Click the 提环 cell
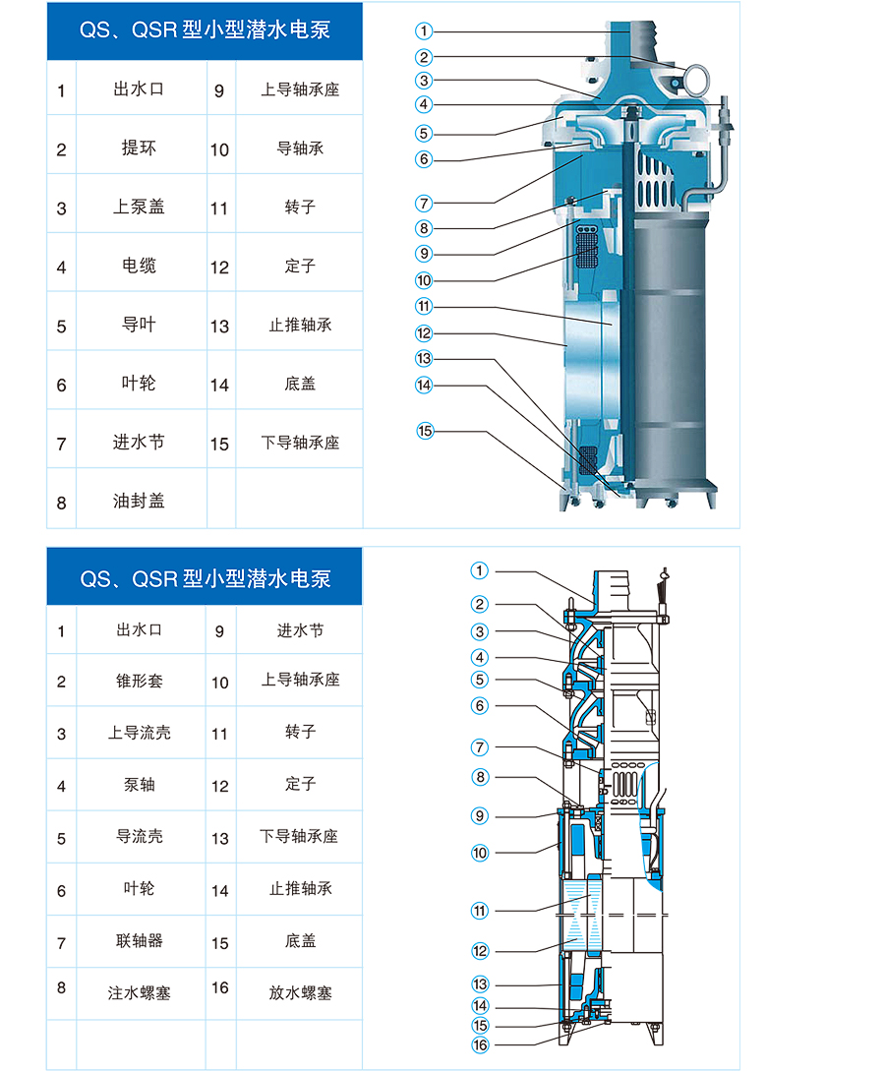click(x=141, y=148)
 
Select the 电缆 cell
click(x=141, y=266)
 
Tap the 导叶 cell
click(x=141, y=325)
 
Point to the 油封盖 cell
click(x=141, y=501)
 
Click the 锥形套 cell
click(x=140, y=681)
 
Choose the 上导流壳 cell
click(x=140, y=733)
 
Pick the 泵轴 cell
click(x=140, y=785)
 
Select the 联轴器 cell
click(x=140, y=941)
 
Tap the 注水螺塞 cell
click(x=140, y=992)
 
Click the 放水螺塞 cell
click(x=299, y=992)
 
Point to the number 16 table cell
click(x=220, y=988)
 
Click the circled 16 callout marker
click(x=481, y=1044)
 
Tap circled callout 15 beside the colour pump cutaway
click(x=425, y=431)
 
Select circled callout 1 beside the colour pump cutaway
click(x=424, y=30)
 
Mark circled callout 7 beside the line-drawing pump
click(x=481, y=747)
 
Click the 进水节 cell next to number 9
click(x=299, y=630)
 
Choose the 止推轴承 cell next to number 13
click(x=299, y=325)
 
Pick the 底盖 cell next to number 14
click(x=299, y=384)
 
